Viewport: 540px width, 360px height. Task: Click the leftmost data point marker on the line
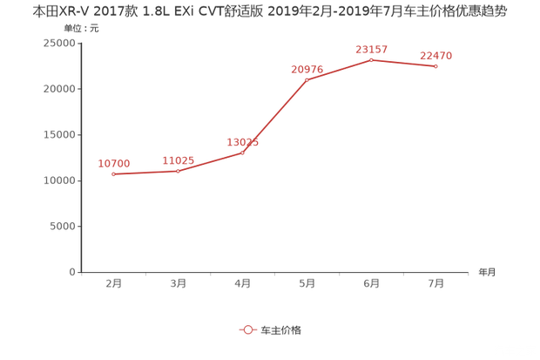click(x=114, y=174)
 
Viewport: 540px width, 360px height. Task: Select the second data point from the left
click(x=179, y=171)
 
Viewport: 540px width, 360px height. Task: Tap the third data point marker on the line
click(x=243, y=153)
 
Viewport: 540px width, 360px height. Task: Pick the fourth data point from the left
click(x=307, y=80)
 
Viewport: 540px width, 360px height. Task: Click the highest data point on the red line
click(x=371, y=59)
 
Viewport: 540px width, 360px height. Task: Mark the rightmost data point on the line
click(x=435, y=66)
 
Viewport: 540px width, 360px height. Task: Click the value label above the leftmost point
click(x=114, y=162)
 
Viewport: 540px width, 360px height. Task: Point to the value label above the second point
click(x=179, y=159)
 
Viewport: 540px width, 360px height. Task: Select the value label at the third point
click(x=243, y=141)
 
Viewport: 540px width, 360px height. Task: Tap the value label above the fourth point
click(x=307, y=69)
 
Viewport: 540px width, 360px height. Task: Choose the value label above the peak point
click(x=371, y=48)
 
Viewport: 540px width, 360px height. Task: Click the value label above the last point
click(x=435, y=55)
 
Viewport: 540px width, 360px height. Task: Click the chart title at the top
click(x=270, y=11)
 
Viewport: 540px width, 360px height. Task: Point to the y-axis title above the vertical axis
click(x=80, y=28)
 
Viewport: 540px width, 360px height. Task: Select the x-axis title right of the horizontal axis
click(x=486, y=272)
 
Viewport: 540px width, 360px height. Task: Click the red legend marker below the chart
click(x=247, y=330)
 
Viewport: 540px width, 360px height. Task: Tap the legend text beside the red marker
click(x=280, y=330)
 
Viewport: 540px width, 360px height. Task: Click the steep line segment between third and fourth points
click(x=275, y=117)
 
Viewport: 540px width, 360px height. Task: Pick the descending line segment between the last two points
click(x=403, y=63)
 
